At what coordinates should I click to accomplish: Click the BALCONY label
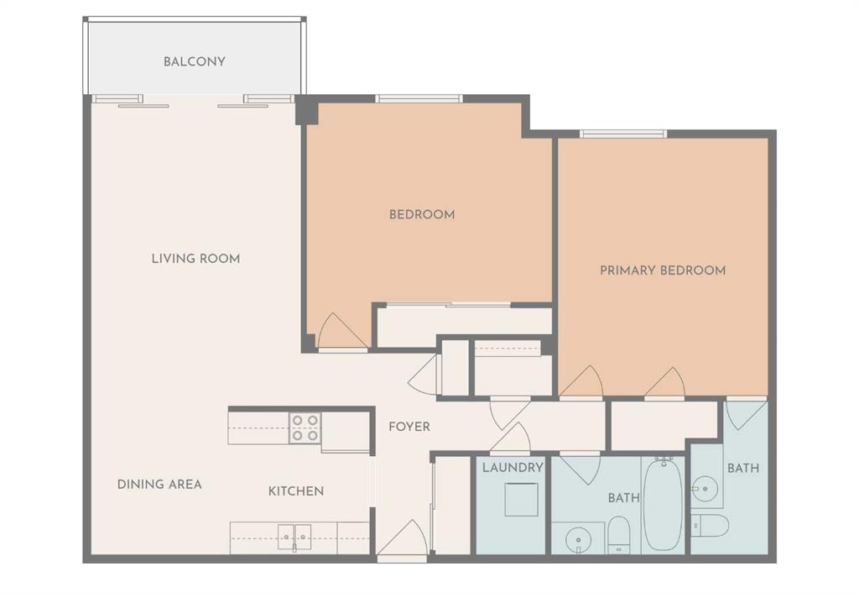[x=194, y=61]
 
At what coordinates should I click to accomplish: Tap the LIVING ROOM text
[x=195, y=259]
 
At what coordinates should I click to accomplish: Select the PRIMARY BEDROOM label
[x=662, y=270]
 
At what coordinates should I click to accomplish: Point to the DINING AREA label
[x=159, y=484]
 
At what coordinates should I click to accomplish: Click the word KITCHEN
[x=295, y=491]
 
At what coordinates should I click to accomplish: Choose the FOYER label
[x=409, y=427]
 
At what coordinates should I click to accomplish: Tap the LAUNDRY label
[x=513, y=467]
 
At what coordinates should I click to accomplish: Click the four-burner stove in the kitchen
[x=305, y=428]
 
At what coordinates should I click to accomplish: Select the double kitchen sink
[x=294, y=536]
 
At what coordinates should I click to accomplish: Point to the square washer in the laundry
[x=521, y=499]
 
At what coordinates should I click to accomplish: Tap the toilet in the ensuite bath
[x=710, y=526]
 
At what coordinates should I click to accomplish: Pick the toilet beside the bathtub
[x=619, y=534]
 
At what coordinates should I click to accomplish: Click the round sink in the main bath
[x=579, y=538]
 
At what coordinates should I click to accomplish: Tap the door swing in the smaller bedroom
[x=340, y=331]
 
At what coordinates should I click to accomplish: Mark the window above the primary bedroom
[x=622, y=133]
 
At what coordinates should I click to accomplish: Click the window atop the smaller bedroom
[x=419, y=98]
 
